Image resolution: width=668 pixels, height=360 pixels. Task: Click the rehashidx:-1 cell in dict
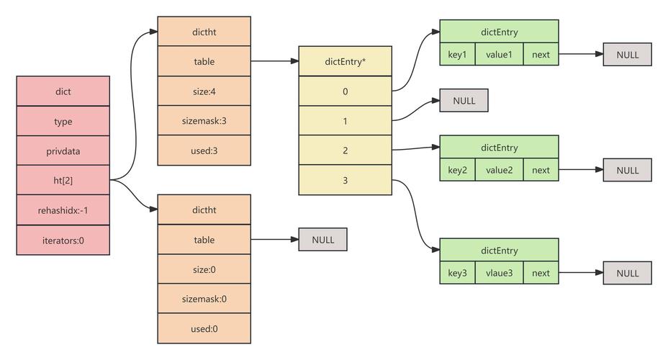[63, 210]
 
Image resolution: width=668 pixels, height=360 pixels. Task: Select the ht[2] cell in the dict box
[63, 181]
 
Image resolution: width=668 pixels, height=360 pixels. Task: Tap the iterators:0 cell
[63, 240]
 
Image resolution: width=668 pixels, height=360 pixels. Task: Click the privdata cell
[63, 151]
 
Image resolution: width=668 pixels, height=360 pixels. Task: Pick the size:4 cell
[204, 91]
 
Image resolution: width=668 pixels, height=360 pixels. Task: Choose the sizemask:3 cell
[204, 121]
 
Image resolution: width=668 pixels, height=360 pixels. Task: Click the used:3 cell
[204, 150]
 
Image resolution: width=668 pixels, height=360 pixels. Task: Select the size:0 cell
[204, 269]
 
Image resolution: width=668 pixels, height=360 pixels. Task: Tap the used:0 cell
[204, 328]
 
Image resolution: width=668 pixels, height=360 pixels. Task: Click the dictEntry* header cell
[346, 62]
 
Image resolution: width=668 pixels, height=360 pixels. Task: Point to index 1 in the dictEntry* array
[346, 121]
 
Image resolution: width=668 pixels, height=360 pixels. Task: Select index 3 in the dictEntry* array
[346, 180]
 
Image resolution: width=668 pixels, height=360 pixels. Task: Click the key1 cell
[458, 55]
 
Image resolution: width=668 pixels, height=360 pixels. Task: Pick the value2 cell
[499, 171]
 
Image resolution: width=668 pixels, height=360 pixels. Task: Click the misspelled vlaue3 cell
[499, 273]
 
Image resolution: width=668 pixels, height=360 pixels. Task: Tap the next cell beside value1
[541, 55]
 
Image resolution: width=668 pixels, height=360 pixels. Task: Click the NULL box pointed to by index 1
[464, 101]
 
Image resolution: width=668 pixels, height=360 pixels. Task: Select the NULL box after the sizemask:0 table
[323, 240]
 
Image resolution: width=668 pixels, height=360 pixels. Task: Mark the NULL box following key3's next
[627, 273]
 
